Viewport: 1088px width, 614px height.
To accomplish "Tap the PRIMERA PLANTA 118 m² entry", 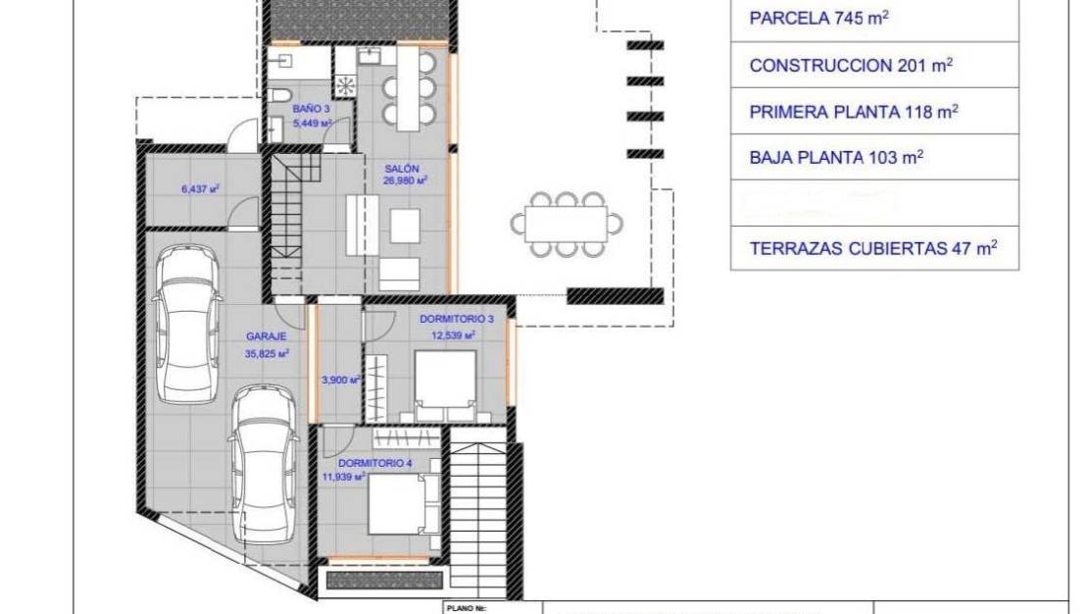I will (853, 112).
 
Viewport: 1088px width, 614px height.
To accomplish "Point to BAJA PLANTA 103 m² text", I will (836, 157).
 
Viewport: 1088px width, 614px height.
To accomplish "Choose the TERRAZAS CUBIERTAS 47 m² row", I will (872, 248).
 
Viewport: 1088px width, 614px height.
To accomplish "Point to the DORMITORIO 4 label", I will (374, 463).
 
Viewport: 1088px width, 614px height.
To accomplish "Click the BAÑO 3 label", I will (304, 109).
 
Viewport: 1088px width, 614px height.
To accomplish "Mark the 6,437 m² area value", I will (200, 188).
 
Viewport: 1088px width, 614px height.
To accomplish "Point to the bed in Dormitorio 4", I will (397, 506).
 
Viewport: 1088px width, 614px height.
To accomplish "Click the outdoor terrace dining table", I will (567, 225).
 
